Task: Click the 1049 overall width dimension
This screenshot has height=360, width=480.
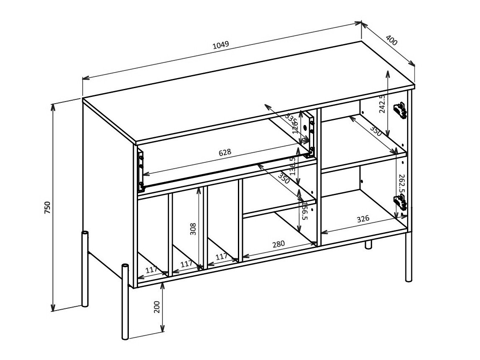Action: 221,46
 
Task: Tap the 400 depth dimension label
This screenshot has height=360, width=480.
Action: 391,40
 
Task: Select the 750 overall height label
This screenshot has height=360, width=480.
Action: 47,207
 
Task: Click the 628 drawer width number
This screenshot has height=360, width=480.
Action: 225,152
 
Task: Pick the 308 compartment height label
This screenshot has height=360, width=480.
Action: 193,228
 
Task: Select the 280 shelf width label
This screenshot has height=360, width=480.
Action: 278,244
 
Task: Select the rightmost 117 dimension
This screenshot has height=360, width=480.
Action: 221,256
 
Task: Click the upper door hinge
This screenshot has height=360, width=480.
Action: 400,110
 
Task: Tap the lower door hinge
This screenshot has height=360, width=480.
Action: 400,203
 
